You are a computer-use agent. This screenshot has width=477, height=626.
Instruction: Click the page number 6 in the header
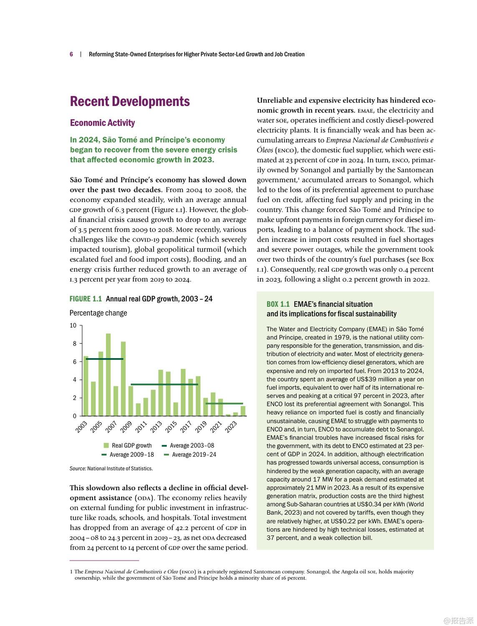(71, 54)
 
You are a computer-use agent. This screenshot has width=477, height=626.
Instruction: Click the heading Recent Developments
(130, 101)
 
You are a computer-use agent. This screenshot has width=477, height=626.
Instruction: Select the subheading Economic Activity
(102, 123)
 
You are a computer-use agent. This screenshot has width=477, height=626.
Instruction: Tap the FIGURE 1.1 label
(86, 299)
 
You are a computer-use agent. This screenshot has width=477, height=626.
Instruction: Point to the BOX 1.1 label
(278, 304)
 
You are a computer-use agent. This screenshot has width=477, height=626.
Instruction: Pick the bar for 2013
(161, 393)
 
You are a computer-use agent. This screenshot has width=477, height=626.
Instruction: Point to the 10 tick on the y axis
(73, 326)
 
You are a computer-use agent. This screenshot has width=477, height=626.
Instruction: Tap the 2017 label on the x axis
(186, 427)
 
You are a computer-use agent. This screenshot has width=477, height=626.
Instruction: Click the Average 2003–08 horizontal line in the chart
(104, 359)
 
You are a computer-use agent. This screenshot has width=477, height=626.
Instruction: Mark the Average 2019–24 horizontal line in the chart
(224, 404)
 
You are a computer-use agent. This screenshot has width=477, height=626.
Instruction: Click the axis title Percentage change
(98, 313)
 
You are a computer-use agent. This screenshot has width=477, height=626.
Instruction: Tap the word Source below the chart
(78, 469)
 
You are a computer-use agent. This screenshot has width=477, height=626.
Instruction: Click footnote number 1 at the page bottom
(71, 572)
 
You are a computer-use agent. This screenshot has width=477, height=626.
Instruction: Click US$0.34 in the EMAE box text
(369, 504)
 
